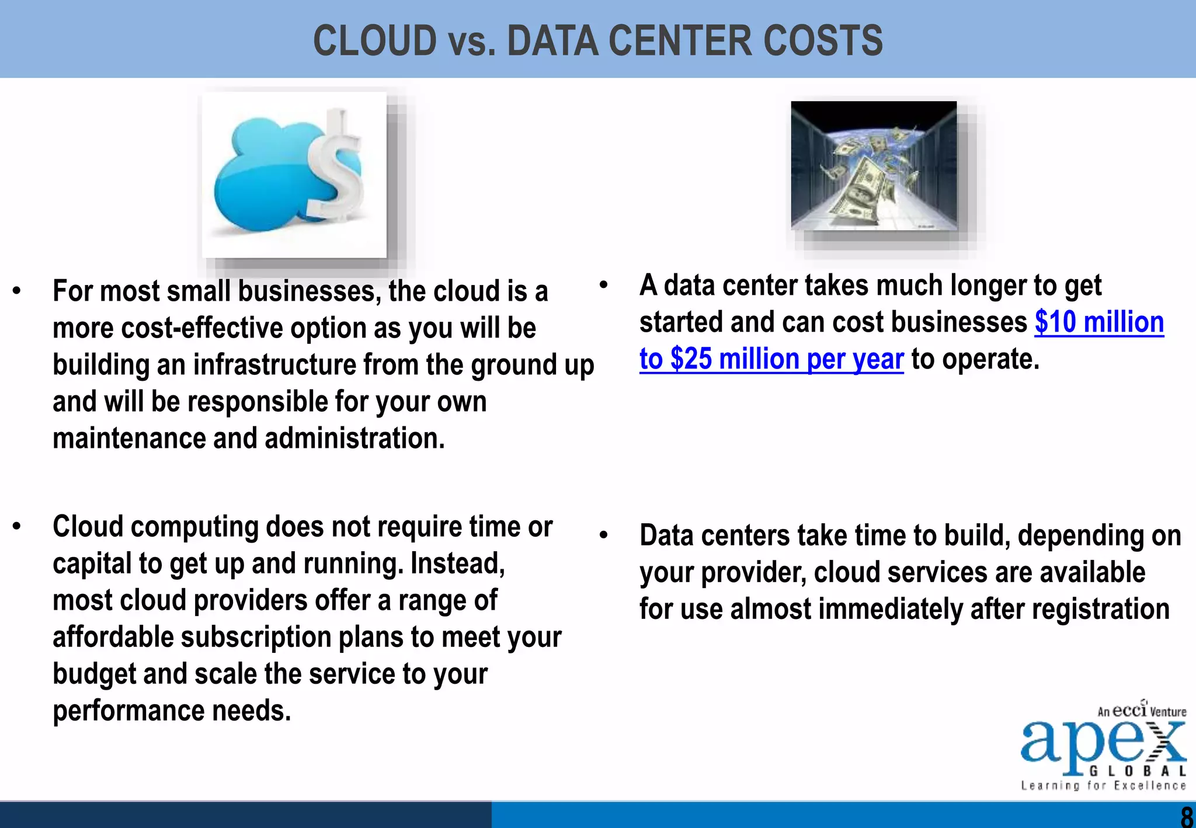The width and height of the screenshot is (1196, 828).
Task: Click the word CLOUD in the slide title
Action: (375, 41)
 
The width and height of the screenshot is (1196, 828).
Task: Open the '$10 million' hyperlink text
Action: (1099, 322)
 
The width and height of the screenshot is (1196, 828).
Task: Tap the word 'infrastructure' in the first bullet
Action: (274, 365)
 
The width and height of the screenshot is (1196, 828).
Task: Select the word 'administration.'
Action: (354, 439)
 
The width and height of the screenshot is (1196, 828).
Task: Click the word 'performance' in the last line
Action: (128, 711)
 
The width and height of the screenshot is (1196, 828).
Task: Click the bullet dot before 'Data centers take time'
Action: (603, 535)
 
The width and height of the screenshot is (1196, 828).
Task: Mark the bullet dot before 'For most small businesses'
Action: (17, 291)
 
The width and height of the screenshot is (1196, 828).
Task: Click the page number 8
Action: (1186, 816)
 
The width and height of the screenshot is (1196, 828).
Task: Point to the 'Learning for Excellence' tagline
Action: (1103, 786)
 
